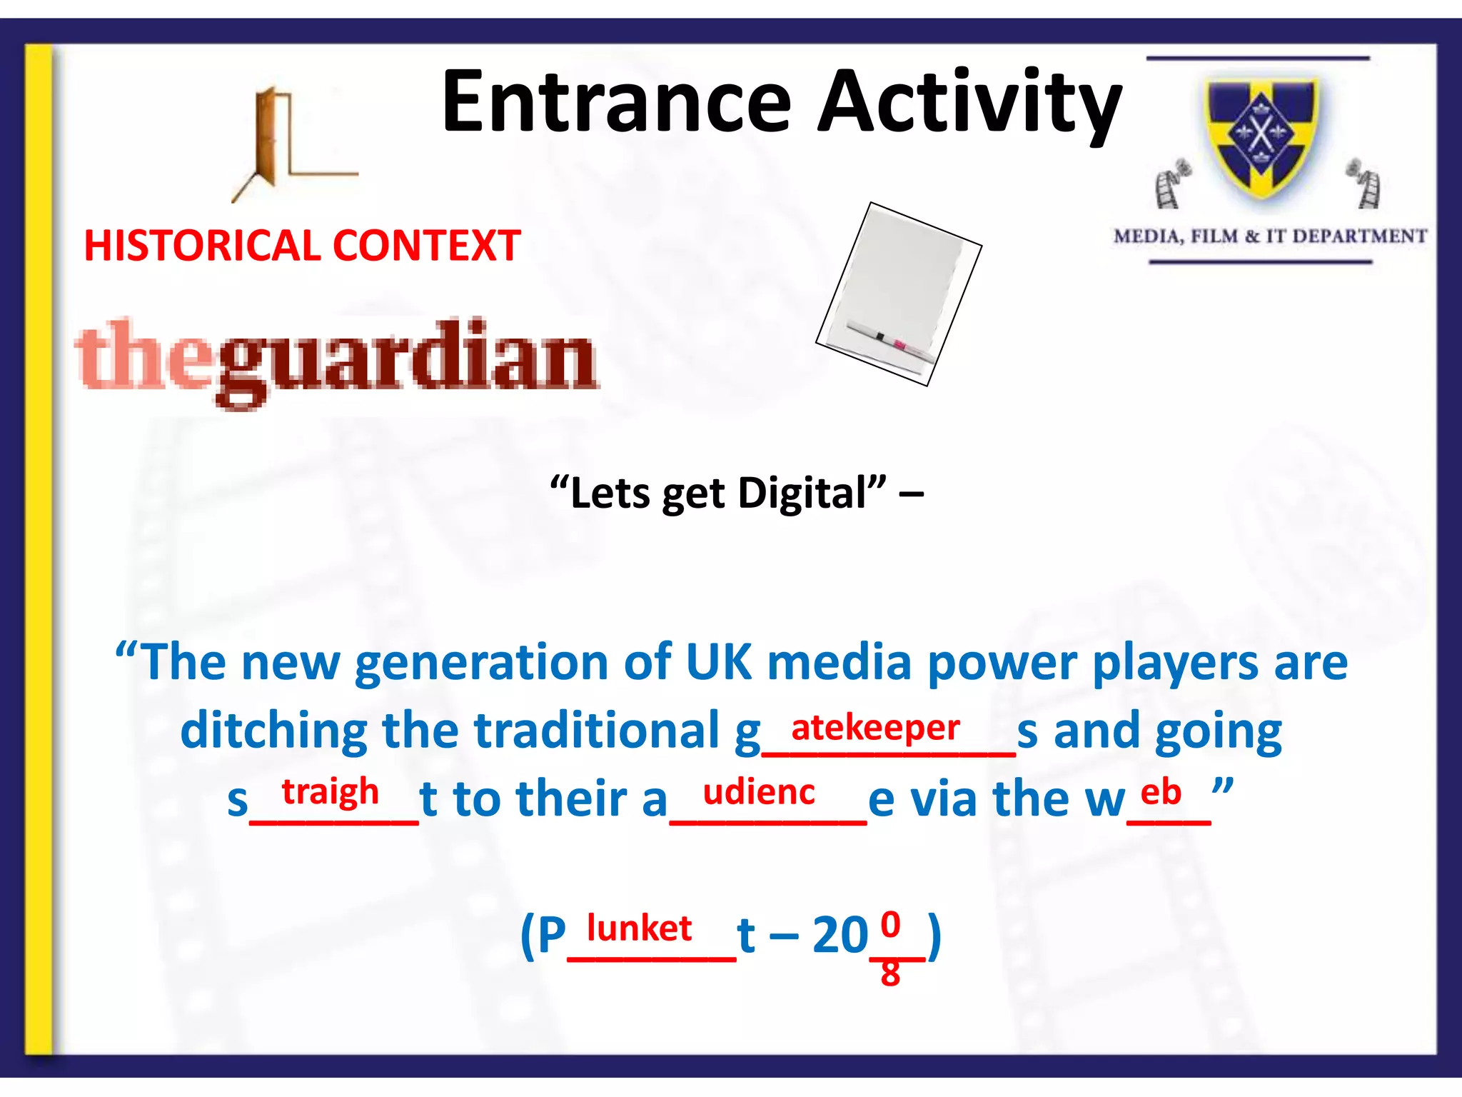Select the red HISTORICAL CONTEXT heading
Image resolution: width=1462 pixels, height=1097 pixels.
302,246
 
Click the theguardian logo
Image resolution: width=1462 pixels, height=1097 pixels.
337,361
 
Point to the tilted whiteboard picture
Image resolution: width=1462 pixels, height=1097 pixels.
899,294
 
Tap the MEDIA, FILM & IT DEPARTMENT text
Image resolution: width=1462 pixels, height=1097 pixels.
1269,236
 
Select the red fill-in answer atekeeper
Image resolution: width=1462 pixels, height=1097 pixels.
875,728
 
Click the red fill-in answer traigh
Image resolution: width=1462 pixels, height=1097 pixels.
330,792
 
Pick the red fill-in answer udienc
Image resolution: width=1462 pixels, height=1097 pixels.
759,792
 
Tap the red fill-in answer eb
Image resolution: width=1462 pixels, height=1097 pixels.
1161,792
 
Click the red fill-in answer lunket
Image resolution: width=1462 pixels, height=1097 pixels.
639,928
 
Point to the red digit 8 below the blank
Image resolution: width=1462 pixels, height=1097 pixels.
890,973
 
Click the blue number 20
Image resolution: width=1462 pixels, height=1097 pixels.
840,935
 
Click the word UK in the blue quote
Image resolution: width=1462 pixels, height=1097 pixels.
719,661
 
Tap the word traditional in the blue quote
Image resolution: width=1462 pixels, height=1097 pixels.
597,731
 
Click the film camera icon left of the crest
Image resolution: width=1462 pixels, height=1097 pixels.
1171,185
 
